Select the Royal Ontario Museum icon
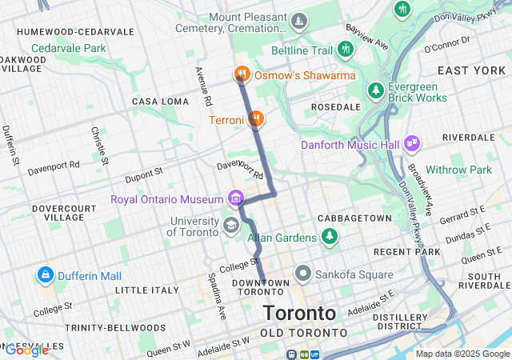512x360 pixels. pos(235,198)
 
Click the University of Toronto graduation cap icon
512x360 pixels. pos(230,223)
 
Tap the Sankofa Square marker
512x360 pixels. pos(303,274)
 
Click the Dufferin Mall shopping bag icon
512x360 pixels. pos(45,276)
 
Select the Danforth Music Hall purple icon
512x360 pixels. pos(413,144)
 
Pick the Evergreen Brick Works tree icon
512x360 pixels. pos(375,91)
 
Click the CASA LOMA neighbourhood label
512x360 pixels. pos(159,102)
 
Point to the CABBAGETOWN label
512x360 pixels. pos(354,218)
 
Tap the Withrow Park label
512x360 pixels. pos(458,170)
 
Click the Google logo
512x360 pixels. pos(26,350)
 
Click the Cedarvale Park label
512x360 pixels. pos(69,48)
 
